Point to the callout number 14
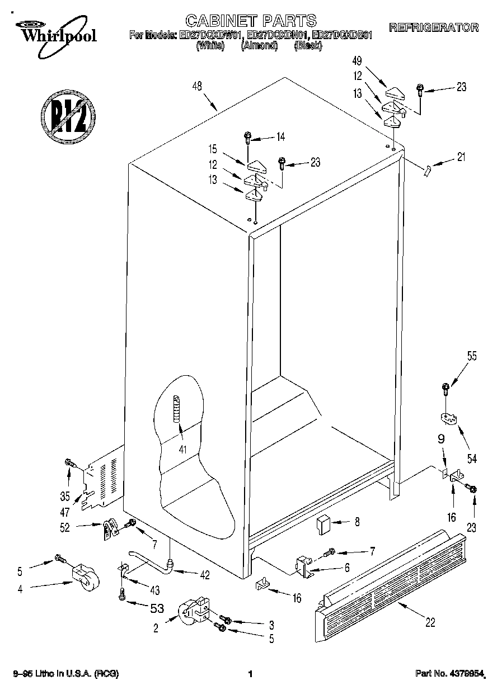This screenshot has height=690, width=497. click(x=280, y=136)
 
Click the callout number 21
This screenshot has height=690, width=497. click(x=461, y=157)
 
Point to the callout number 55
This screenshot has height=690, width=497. click(x=472, y=356)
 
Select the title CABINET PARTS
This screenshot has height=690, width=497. click(x=250, y=21)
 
